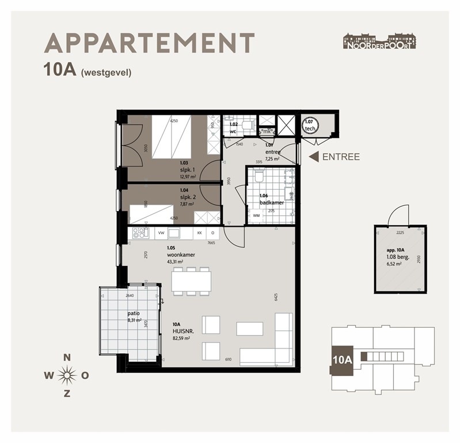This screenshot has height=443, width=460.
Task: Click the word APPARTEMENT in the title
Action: point(149,43)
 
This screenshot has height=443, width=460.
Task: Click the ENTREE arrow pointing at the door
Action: point(314,157)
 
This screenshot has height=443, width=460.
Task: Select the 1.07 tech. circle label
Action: point(309,125)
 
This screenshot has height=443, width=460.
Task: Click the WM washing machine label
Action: point(256,216)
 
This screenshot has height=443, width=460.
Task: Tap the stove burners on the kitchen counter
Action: point(140,233)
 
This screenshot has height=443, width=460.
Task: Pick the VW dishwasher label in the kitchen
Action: point(161,233)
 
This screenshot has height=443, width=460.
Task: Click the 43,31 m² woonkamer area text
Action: point(175,262)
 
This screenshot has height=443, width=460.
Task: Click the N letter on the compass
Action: point(67,358)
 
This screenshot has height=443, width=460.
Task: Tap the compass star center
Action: point(67,376)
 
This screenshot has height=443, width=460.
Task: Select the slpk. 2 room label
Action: point(187,197)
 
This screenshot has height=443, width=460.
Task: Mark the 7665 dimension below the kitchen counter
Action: point(211,243)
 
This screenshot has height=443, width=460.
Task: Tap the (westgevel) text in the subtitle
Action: point(107,73)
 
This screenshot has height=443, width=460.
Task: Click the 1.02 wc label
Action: point(234,127)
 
